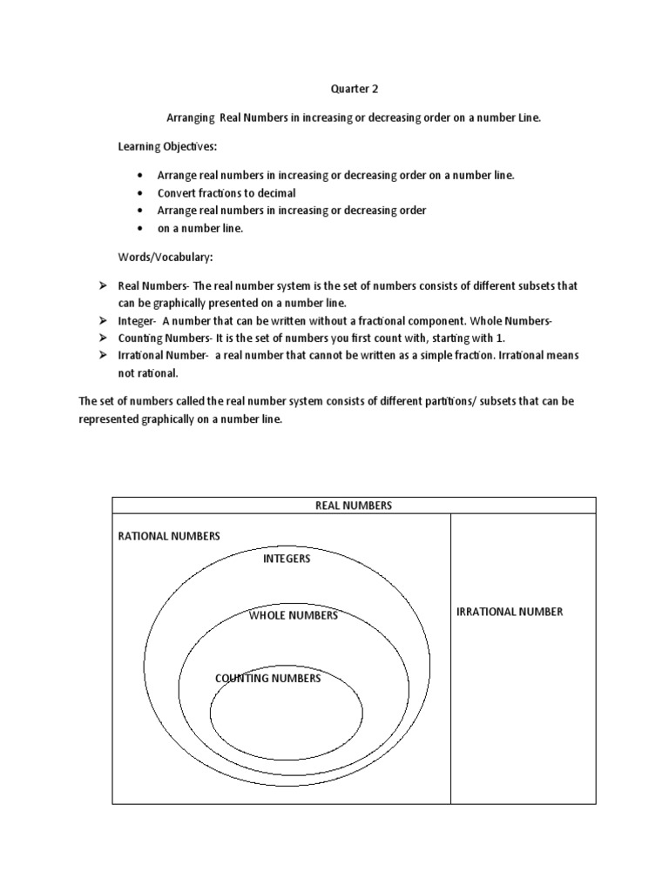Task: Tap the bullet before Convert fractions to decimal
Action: tap(140, 193)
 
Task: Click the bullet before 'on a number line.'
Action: tap(140, 228)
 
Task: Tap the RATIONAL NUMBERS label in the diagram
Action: tap(169, 536)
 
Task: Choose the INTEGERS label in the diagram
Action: tap(287, 559)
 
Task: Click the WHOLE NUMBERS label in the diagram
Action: tap(294, 615)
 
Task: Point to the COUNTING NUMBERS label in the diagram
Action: tap(267, 679)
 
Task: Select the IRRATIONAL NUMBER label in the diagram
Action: tap(510, 612)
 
